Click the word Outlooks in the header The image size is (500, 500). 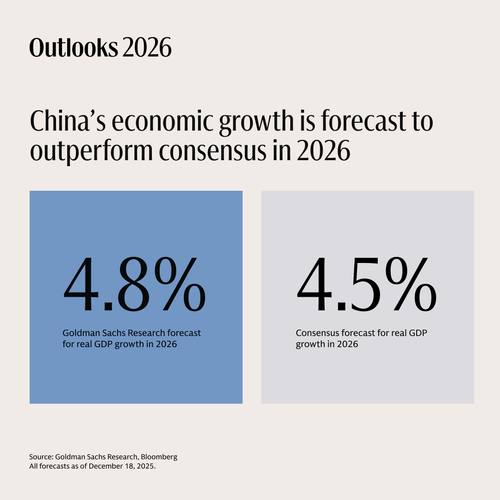(74, 48)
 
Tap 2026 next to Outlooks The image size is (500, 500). (147, 48)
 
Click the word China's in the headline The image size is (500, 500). (68, 121)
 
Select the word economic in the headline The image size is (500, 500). (162, 121)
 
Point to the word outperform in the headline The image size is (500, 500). (91, 152)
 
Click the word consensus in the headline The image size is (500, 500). (213, 151)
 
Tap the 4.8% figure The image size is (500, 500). (134, 284)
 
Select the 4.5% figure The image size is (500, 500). (366, 284)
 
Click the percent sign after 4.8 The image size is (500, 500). (180, 284)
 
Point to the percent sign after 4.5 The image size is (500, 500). (411, 284)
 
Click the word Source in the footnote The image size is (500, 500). (41, 457)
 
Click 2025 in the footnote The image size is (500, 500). (146, 466)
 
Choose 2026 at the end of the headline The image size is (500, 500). (324, 151)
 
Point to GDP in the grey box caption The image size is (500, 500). (418, 333)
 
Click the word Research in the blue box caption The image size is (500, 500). (146, 333)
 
